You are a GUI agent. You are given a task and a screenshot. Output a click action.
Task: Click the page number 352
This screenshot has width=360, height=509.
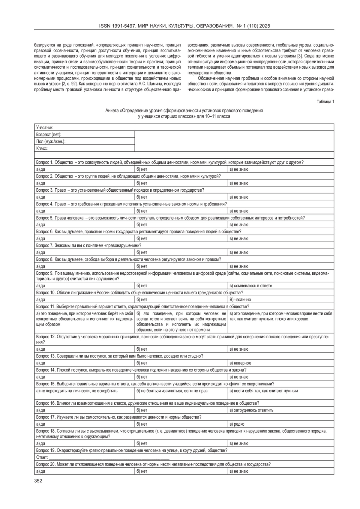click(x=38, y=481)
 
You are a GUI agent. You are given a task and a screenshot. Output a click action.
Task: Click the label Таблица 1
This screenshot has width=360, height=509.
click(x=325, y=102)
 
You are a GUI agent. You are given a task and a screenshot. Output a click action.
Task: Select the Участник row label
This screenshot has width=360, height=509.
click(x=44, y=127)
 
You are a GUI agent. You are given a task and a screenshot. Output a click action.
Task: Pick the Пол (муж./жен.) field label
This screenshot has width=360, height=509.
click(x=51, y=142)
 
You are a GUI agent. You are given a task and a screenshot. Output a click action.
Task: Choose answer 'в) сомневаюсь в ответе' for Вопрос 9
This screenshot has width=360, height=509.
click(x=251, y=286)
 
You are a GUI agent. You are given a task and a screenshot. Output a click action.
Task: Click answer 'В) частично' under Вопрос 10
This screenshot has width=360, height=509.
click(x=240, y=299)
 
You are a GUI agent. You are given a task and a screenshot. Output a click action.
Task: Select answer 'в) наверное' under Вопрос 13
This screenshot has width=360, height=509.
click(x=241, y=363)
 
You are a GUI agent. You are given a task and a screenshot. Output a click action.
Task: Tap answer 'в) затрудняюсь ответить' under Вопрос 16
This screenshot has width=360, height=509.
click(x=251, y=410)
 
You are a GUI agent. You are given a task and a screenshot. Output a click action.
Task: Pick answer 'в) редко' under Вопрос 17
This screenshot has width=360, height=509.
click(x=237, y=424)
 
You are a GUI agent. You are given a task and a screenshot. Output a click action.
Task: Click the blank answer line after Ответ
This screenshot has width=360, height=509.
click(x=109, y=457)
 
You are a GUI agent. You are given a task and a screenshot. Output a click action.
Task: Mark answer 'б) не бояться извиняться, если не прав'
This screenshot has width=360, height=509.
click(x=172, y=391)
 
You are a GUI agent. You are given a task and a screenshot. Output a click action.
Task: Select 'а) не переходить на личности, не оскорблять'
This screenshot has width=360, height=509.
click(x=77, y=391)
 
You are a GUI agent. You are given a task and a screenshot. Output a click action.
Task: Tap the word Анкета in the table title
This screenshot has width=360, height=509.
click(x=112, y=111)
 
